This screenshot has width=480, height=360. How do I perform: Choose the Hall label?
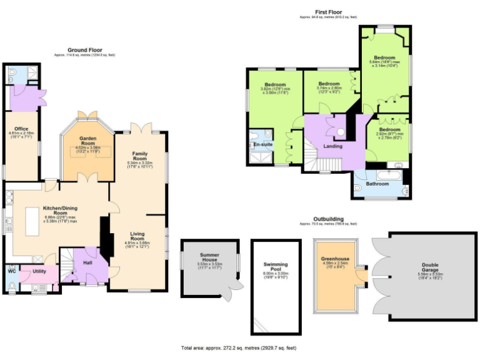click(88, 263)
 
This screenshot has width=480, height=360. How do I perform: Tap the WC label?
click(11, 271)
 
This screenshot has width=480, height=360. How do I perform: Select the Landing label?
click(332, 146)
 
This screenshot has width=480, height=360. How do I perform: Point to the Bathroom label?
click(377, 184)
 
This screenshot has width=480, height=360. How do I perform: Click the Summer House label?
click(210, 257)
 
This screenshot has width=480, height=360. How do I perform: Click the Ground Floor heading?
click(84, 50)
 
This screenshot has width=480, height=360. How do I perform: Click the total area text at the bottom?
click(239, 347)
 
